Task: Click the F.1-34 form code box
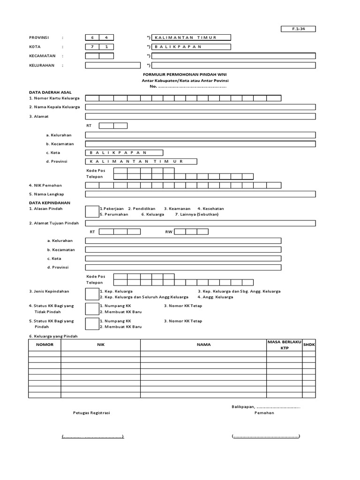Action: click(x=298, y=29)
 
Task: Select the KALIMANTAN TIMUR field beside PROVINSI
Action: click(x=191, y=37)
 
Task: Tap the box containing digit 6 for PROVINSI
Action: click(x=92, y=37)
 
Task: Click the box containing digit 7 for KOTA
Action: click(x=92, y=47)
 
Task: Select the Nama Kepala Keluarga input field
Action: click(x=200, y=107)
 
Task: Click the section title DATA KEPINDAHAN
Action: click(x=49, y=202)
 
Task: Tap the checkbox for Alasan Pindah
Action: click(x=92, y=211)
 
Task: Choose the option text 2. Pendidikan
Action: click(x=142, y=208)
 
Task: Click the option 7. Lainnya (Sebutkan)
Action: click(x=196, y=214)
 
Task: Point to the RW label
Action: click(x=169, y=232)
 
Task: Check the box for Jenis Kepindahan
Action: click(x=92, y=294)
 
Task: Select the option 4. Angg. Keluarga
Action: click(x=215, y=297)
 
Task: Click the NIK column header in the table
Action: click(x=100, y=345)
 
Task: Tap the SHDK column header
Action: click(x=309, y=345)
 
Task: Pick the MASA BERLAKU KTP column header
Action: click(x=285, y=345)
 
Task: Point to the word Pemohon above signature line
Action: click(x=264, y=413)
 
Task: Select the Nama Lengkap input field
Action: click(x=200, y=194)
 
